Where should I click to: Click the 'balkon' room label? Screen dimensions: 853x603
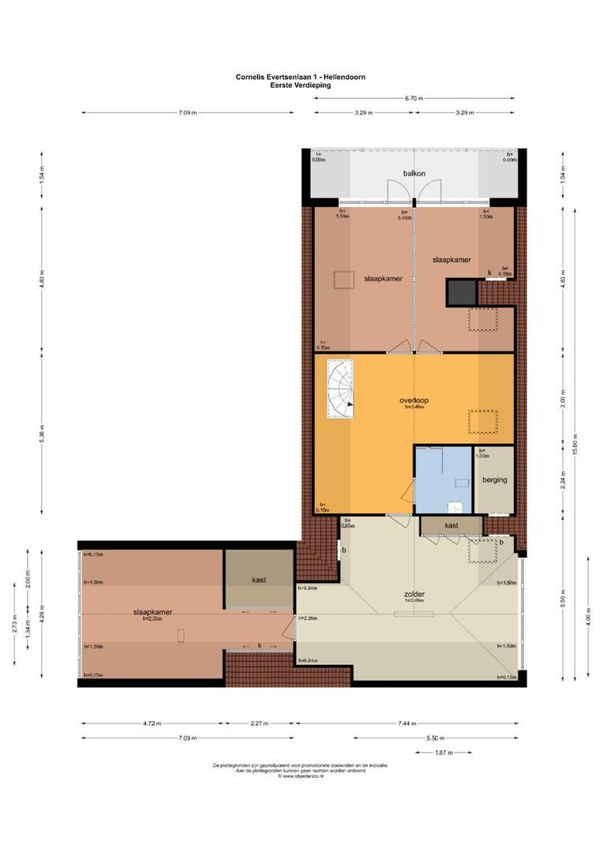(x=414, y=172)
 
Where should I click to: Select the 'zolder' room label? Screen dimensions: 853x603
(x=414, y=593)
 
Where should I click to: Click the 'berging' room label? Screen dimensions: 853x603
(x=493, y=479)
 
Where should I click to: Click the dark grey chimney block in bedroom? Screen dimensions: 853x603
(x=463, y=291)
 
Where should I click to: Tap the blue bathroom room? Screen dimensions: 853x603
(x=443, y=479)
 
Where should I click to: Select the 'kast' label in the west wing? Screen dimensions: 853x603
(x=259, y=580)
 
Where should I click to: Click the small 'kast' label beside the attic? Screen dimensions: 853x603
(x=451, y=525)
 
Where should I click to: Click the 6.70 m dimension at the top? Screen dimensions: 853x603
(x=414, y=99)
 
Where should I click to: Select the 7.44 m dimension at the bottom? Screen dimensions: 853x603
(x=406, y=723)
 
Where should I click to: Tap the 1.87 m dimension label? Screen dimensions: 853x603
(x=444, y=753)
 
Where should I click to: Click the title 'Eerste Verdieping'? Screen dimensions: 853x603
(x=300, y=85)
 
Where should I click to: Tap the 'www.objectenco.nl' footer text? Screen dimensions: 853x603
(x=300, y=776)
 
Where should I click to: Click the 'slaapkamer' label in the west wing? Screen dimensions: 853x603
(x=152, y=611)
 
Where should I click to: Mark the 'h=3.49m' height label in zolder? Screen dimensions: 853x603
(x=414, y=600)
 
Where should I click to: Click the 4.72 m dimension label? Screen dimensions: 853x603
(x=152, y=723)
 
